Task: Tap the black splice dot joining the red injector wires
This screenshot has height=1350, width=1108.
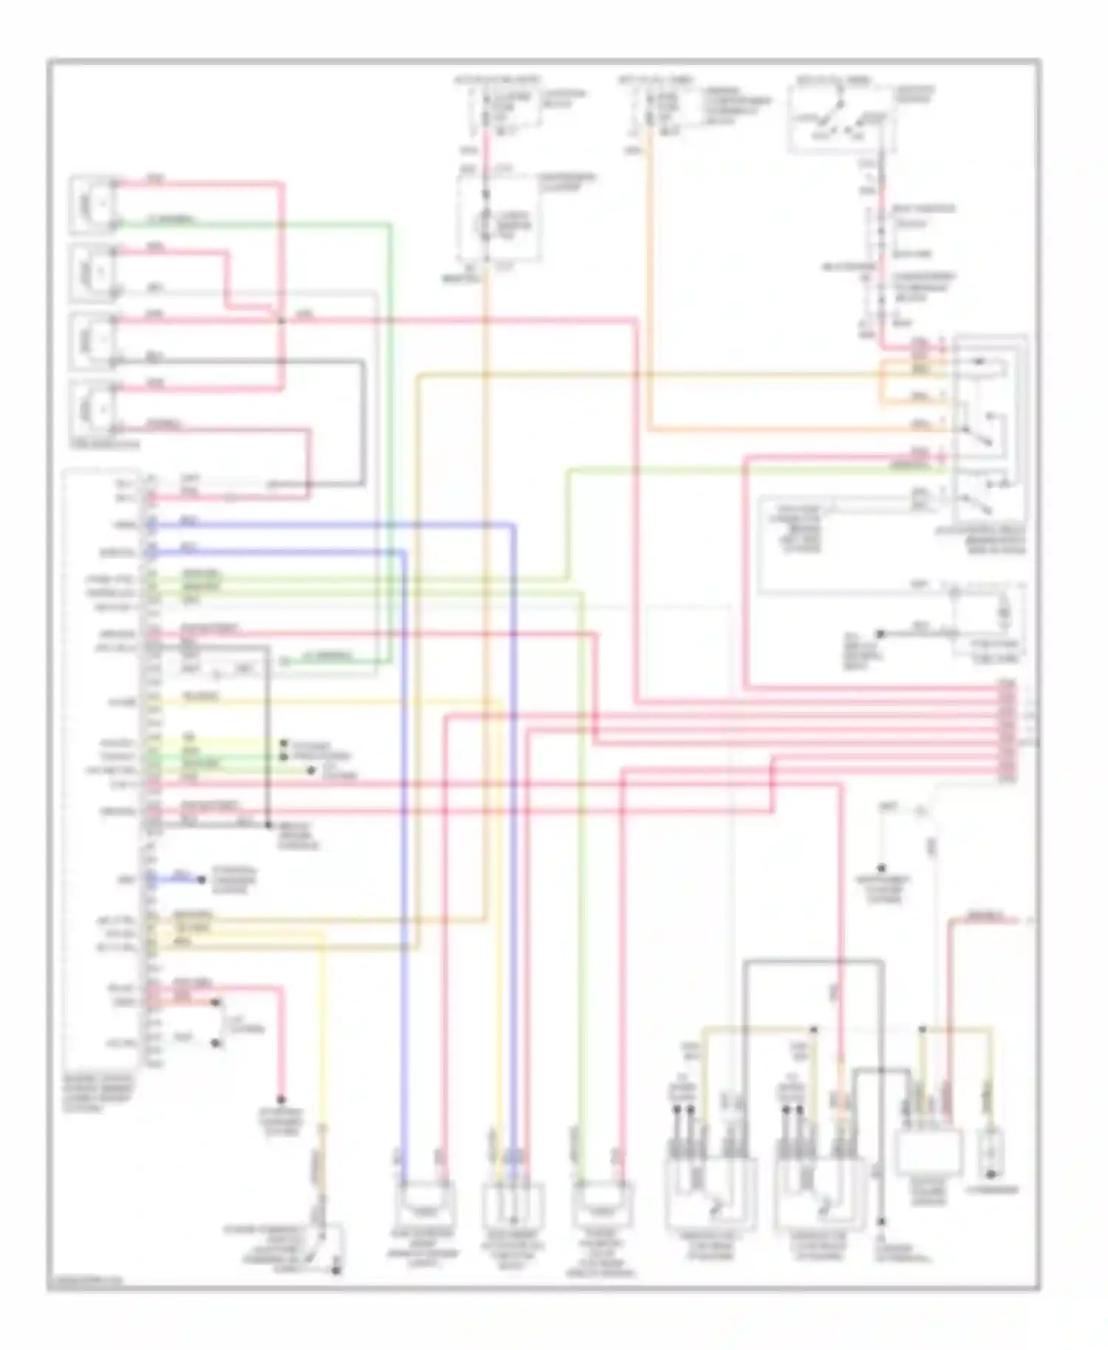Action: [x=281, y=321]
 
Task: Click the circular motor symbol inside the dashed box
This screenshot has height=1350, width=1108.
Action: [x=486, y=219]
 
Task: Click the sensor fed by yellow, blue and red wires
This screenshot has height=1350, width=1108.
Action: [x=513, y=1205]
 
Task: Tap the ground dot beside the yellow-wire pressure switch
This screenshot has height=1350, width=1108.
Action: [x=336, y=1270]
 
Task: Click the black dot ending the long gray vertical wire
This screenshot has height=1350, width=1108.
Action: [x=882, y=1222]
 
